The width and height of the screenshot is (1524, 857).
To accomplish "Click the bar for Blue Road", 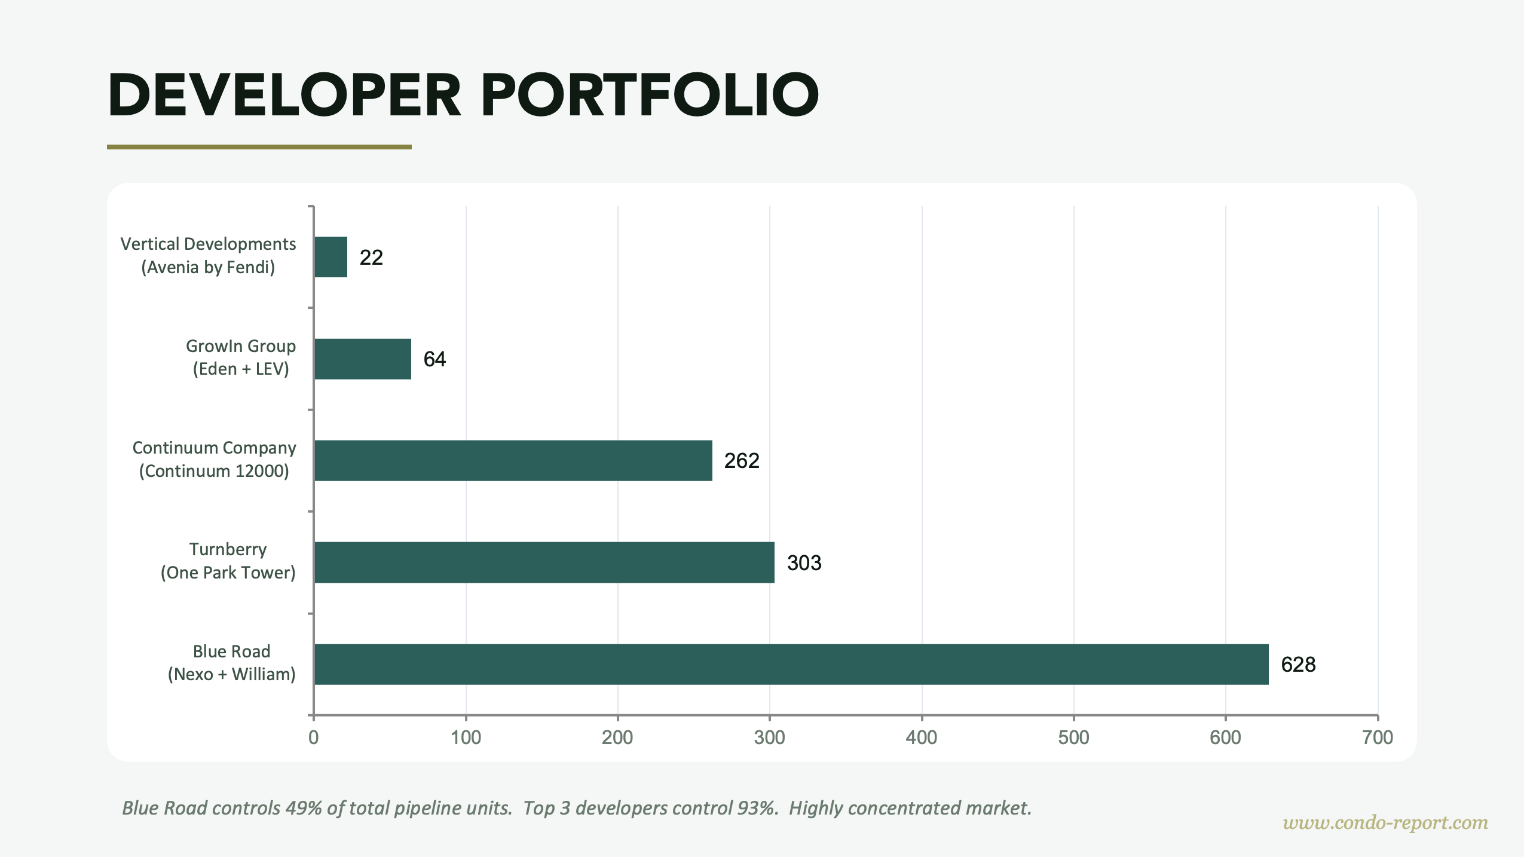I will (791, 664).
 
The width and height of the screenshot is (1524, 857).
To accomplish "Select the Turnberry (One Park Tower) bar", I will (544, 562).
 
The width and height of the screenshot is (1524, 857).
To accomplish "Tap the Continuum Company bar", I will (513, 460).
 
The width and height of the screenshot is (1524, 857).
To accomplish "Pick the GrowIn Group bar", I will (362, 359).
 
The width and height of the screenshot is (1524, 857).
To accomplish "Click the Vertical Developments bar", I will (330, 257).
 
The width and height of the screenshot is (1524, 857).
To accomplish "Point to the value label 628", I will (1298, 664).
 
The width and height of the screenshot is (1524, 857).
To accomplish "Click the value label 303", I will (804, 562).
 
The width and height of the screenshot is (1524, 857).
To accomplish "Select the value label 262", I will (741, 460).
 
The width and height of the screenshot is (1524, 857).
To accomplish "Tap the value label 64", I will (434, 359).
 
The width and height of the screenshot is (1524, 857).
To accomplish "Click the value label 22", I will (371, 257).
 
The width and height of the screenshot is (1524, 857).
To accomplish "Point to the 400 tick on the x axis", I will (921, 737).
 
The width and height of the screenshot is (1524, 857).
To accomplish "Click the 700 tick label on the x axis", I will (1377, 737).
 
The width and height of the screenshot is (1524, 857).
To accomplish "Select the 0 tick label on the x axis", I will (313, 737).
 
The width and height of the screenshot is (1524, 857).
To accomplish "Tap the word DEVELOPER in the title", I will (284, 95).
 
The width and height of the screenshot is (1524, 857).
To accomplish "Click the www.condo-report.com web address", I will (1385, 822).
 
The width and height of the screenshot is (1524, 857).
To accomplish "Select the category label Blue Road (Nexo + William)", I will (231, 663).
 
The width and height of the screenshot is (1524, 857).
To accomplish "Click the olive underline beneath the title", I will (259, 146).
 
